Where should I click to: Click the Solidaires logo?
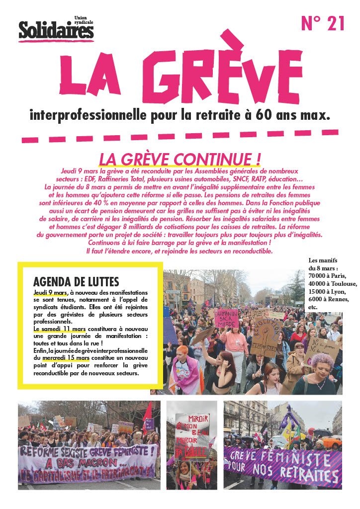(56, 31)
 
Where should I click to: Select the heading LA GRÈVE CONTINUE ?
(180, 159)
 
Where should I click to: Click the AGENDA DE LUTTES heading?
(76, 281)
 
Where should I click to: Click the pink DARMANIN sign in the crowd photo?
(225, 316)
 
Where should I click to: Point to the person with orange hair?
(183, 351)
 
